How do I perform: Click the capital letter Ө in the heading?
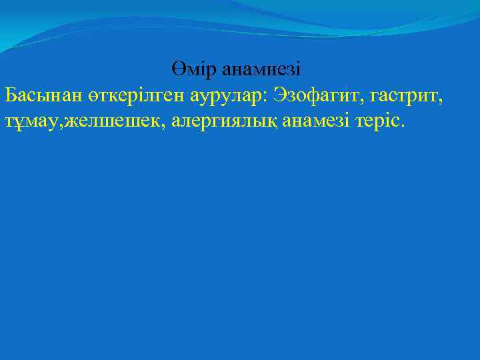[x=177, y=69]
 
